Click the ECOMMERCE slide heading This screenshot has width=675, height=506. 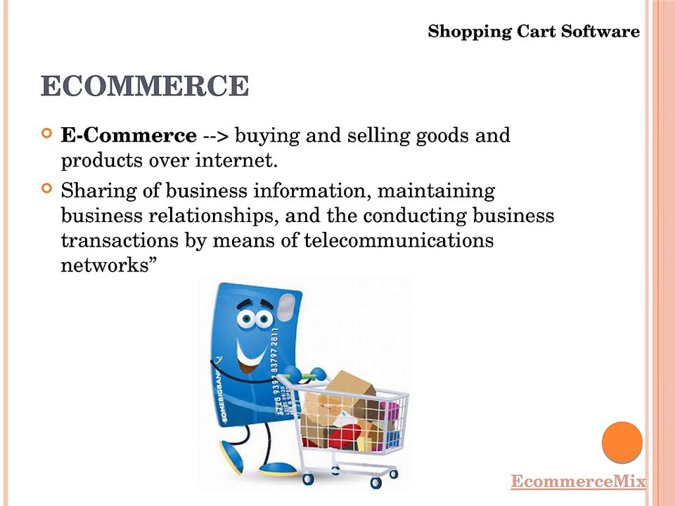pos(145,86)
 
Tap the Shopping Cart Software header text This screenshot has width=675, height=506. pos(534,32)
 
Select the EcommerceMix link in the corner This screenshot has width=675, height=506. pos(578,481)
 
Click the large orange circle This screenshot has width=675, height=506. pos(622,442)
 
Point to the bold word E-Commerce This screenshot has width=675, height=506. pos(129,135)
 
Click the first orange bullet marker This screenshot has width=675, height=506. pos(47,133)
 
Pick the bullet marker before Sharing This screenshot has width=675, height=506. pos(47,188)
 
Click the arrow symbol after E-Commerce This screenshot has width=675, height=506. pos(218,136)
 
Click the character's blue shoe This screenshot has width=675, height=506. pos(278,467)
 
